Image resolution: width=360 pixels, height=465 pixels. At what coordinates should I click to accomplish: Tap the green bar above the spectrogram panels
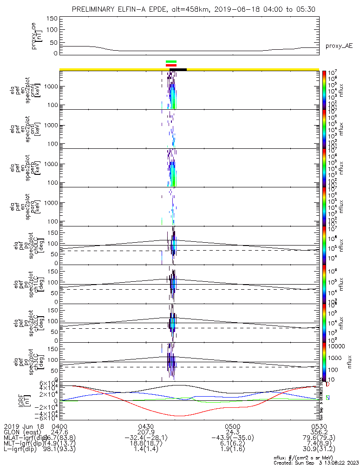[x=171, y=61]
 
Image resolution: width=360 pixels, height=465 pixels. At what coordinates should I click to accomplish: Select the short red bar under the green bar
[x=171, y=66]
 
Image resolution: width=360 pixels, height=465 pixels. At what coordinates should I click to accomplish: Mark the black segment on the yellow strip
[x=178, y=70]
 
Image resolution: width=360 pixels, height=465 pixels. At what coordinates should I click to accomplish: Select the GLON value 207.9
[x=146, y=432]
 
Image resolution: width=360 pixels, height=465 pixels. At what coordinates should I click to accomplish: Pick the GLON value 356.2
[x=319, y=432]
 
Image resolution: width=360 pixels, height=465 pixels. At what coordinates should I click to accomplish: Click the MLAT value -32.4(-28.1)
[x=146, y=438]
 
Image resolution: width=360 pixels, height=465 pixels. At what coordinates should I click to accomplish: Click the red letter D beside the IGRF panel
[x=327, y=385]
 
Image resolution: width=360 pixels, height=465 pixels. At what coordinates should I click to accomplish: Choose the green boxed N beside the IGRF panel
[x=327, y=398]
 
